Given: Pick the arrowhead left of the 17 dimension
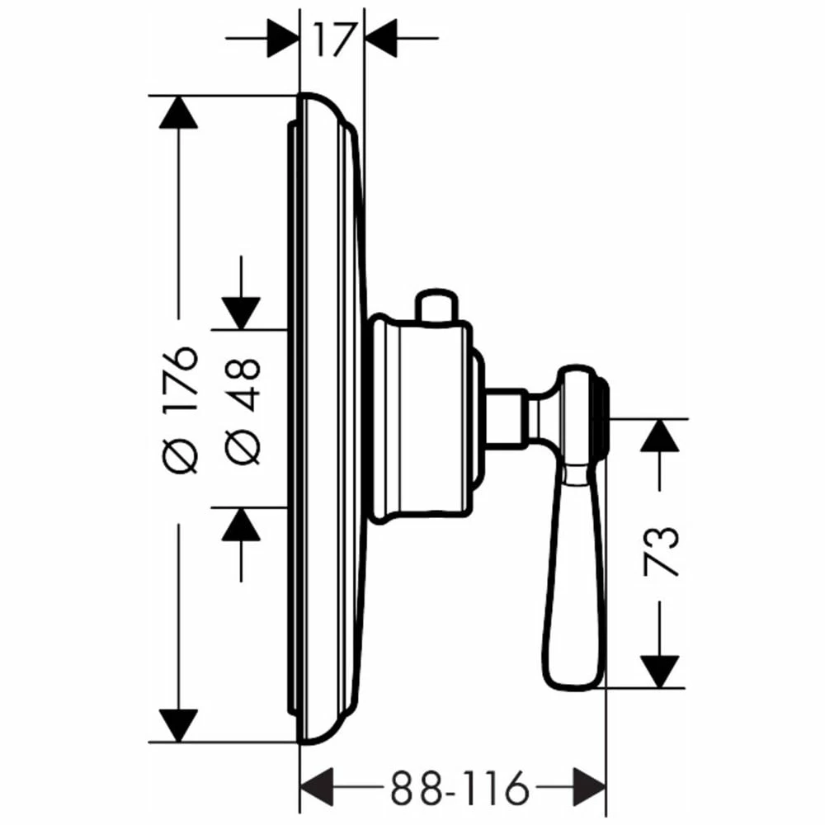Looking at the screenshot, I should click(x=280, y=38).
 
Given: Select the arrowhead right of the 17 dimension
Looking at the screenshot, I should click(x=381, y=38).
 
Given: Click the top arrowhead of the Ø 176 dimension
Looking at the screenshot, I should click(x=179, y=112).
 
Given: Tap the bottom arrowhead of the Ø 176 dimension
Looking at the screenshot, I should click(x=179, y=724).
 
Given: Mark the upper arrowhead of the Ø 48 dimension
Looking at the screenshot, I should click(x=241, y=313).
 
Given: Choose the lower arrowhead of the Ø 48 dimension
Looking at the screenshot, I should click(x=241, y=524).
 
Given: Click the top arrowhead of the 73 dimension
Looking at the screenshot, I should click(x=660, y=435).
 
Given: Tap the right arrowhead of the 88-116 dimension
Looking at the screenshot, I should click(x=589, y=788).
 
